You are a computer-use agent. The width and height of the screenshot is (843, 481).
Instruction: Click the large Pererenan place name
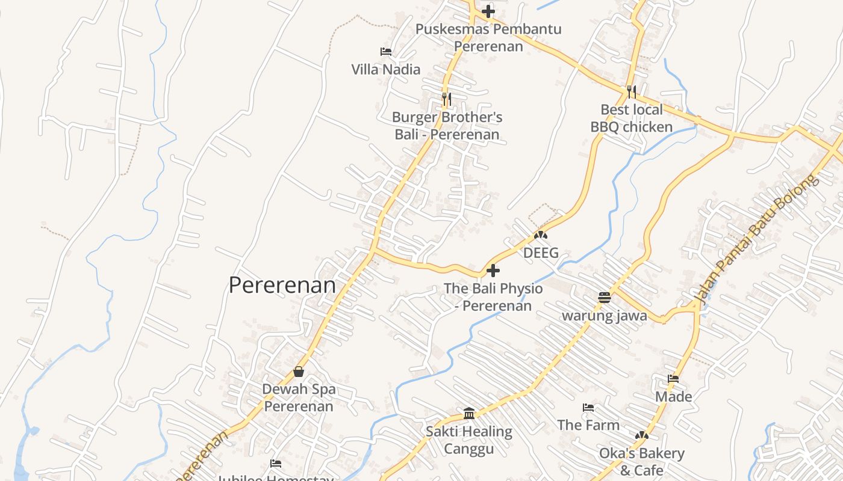click(282, 285)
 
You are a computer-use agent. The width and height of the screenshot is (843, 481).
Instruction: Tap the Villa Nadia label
click(386, 69)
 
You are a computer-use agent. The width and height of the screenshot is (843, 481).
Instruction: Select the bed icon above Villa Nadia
click(386, 52)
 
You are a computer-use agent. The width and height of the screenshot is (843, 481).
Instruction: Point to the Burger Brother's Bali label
click(447, 126)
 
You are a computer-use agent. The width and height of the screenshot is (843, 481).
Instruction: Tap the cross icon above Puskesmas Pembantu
click(488, 11)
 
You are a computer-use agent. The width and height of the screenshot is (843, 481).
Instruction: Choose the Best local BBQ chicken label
click(631, 118)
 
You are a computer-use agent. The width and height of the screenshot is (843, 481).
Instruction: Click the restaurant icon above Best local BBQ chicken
click(631, 92)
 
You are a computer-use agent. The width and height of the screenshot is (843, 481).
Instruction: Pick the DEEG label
click(541, 253)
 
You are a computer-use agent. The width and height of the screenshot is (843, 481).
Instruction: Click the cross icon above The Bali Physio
click(493, 271)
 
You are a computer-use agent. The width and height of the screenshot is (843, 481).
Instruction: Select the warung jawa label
click(605, 316)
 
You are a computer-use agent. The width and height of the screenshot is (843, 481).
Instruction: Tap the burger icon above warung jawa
click(605, 297)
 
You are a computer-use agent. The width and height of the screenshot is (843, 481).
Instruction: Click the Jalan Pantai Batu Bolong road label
click(756, 239)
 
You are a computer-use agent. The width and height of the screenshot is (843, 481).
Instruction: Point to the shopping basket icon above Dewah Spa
click(299, 372)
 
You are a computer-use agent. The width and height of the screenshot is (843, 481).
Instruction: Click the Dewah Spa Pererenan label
click(299, 397)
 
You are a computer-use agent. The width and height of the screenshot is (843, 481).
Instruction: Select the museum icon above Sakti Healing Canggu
click(469, 414)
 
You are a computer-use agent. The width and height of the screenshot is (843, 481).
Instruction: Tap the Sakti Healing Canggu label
click(469, 440)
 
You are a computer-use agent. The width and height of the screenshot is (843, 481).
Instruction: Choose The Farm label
click(588, 425)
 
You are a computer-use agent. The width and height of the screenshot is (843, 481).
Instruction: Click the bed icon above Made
click(673, 379)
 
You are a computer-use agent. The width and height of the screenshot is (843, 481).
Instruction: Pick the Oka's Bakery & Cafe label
click(641, 461)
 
